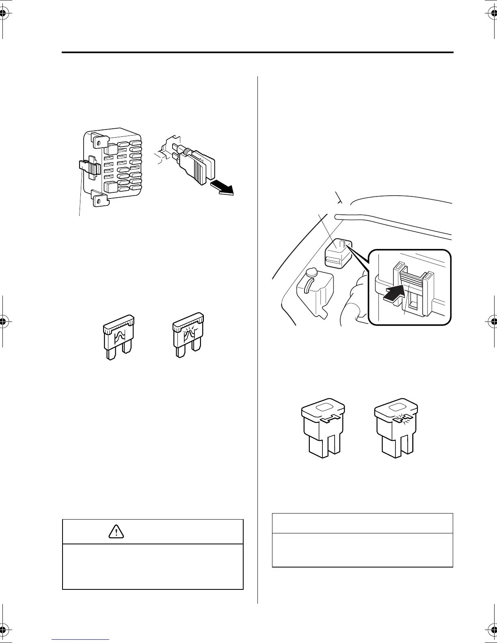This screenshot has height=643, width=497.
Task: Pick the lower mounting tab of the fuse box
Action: pyautogui.click(x=99, y=200)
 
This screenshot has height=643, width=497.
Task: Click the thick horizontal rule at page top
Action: pyautogui.click(x=257, y=52)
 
